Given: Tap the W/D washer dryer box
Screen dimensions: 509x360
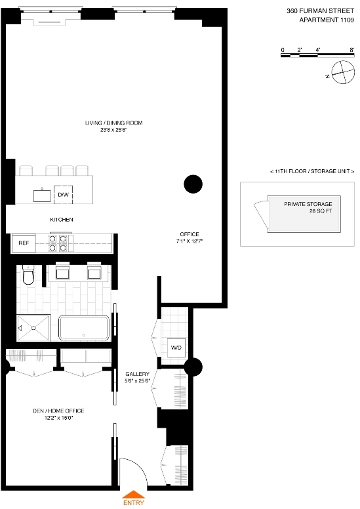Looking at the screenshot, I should tap(176, 347).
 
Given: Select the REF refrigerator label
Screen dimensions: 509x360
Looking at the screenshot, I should tap(24, 243).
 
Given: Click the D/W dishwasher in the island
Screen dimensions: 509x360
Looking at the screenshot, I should tap(64, 195).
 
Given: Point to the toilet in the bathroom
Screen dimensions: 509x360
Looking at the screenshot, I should tap(27, 277).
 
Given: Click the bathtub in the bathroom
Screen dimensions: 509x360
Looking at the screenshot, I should tap(84, 327).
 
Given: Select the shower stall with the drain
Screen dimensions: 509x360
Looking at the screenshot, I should tap(33, 327).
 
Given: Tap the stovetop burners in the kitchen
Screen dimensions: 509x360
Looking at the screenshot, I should tap(58, 243).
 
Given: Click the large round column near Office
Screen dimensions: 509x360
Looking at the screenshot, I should tap(193, 184).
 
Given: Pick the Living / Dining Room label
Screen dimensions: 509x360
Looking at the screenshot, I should tap(113, 127).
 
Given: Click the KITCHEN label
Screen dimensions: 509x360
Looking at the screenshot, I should tap(62, 219).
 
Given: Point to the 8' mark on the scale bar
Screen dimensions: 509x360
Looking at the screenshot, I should tap(352, 50).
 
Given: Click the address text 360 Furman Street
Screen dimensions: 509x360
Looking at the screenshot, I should tap(321, 10).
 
